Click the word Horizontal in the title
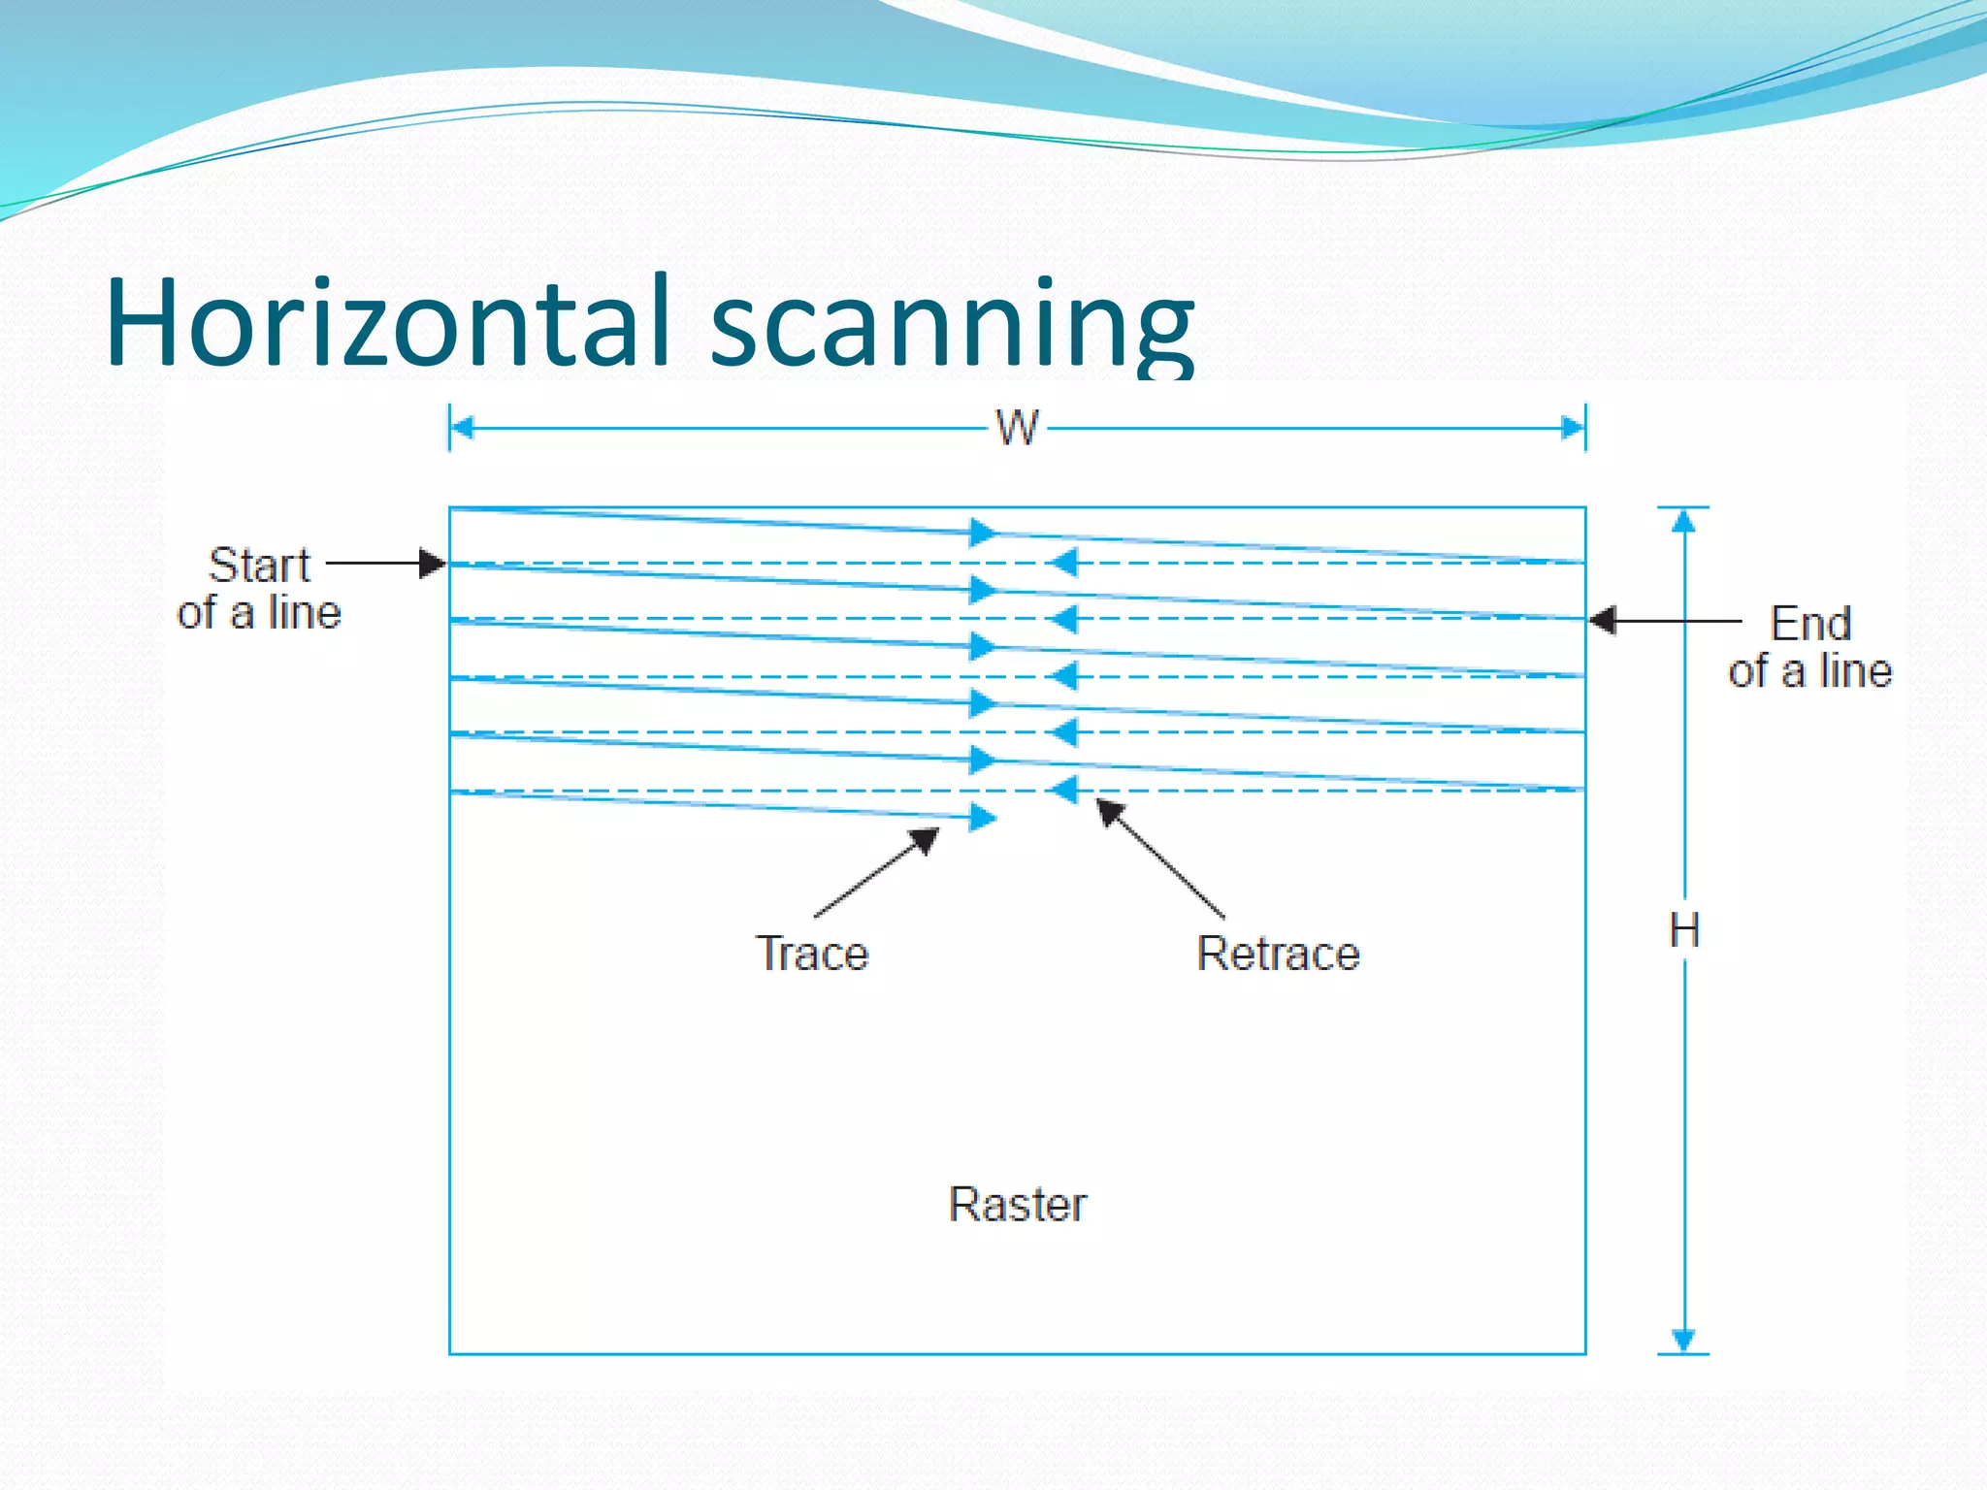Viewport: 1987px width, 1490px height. click(388, 322)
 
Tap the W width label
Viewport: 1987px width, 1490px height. click(1017, 428)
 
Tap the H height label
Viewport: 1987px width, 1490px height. click(1684, 931)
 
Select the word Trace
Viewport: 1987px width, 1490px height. click(812, 954)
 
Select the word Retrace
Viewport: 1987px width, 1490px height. click(1278, 954)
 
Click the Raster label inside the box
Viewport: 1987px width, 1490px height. click(1017, 1205)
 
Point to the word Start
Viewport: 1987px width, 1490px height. click(259, 565)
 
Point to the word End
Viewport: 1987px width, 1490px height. click(1810, 624)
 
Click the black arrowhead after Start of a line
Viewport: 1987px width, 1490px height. click(433, 563)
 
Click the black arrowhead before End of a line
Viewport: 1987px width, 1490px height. click(1603, 620)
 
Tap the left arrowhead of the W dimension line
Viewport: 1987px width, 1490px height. click(463, 428)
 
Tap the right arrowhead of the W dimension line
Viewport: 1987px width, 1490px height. click(1572, 428)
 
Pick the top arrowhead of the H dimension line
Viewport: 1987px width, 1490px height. click(1684, 522)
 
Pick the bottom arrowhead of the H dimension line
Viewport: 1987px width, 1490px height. click(1684, 1340)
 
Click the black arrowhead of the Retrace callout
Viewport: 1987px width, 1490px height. click(1109, 810)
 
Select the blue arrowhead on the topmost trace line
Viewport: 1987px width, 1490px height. click(983, 532)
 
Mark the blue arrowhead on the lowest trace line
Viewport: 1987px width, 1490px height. click(983, 818)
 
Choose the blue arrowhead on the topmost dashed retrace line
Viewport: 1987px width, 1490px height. click(1064, 563)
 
